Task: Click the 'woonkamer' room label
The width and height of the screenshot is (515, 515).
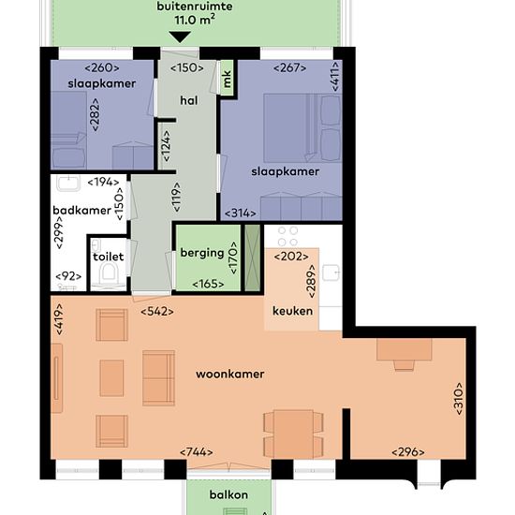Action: click(x=230, y=375)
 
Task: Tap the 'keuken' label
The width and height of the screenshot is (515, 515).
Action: click(x=293, y=311)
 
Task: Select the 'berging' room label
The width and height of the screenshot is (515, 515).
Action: click(x=202, y=253)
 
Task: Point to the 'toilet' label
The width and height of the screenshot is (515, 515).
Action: click(x=108, y=257)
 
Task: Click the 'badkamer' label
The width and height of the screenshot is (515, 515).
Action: click(x=81, y=210)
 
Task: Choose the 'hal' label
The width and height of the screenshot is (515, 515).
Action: click(x=189, y=100)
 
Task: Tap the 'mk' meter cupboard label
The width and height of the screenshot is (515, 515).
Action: click(x=227, y=79)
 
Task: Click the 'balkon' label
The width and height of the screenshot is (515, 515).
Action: click(x=228, y=494)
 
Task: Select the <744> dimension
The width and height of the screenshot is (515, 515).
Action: click(x=196, y=452)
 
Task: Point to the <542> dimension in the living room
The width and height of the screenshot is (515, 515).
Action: click(x=157, y=312)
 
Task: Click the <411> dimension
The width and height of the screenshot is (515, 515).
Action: click(x=335, y=77)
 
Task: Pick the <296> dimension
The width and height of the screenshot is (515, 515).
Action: click(x=408, y=452)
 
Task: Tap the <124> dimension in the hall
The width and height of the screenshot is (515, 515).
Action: click(x=167, y=146)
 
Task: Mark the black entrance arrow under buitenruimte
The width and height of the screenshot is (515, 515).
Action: click(x=180, y=37)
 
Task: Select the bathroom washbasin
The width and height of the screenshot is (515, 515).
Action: click(x=68, y=184)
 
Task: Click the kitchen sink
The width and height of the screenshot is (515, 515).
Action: click(x=331, y=272)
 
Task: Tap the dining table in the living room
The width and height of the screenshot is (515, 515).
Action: click(x=293, y=434)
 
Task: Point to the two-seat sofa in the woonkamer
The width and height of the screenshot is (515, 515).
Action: click(x=158, y=377)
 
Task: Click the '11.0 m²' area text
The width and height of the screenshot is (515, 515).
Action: click(x=195, y=20)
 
